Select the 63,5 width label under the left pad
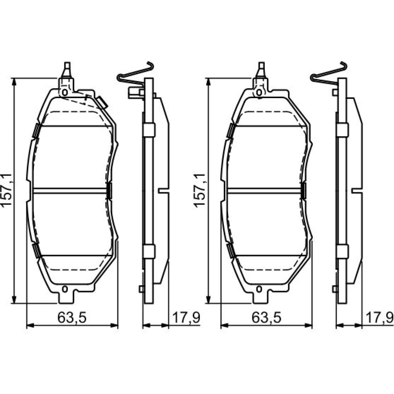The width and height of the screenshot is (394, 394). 72,318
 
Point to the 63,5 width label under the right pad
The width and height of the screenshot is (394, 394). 266,318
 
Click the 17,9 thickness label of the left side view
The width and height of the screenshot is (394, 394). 186,318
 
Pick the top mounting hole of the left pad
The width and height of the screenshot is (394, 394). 65,92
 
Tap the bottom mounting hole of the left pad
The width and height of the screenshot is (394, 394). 65,289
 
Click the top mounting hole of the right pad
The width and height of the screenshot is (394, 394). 259,92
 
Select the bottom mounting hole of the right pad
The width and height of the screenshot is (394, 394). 259,289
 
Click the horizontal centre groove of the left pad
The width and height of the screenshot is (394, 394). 70,191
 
